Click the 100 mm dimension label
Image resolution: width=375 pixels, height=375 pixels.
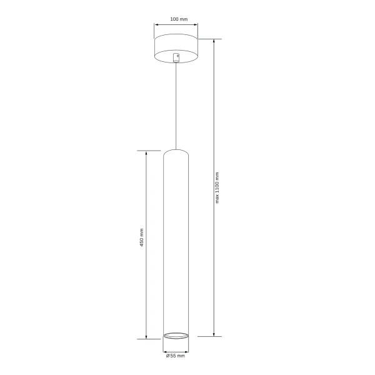pyautogui.click(x=178, y=19)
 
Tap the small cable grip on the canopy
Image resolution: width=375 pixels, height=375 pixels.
pyautogui.click(x=176, y=58)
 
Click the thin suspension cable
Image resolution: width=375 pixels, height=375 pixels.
pyautogui.click(x=176, y=106)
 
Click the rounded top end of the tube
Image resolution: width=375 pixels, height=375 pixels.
pyautogui.click(x=176, y=152)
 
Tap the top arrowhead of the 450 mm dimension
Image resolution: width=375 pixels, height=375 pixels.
pyautogui.click(x=146, y=152)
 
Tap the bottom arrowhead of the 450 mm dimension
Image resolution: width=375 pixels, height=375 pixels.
pyautogui.click(x=146, y=336)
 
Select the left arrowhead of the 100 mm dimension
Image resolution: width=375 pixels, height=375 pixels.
pyautogui.click(x=156, y=26)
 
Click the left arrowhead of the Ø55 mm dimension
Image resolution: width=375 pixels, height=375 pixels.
pyautogui.click(x=165, y=349)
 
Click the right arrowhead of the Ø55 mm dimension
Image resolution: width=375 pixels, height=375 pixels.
pyautogui.click(x=187, y=349)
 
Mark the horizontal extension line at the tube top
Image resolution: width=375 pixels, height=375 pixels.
pyautogui.click(x=150, y=151)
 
